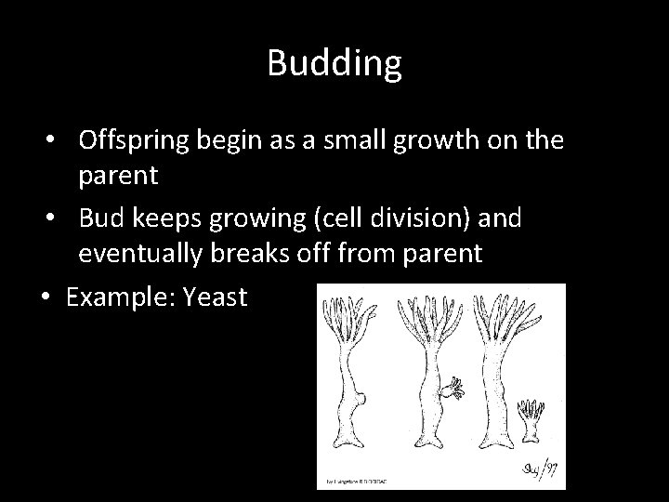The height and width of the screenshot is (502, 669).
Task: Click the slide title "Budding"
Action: pyautogui.click(x=334, y=63)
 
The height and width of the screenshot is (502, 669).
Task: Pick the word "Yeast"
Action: pyautogui.click(x=216, y=297)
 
